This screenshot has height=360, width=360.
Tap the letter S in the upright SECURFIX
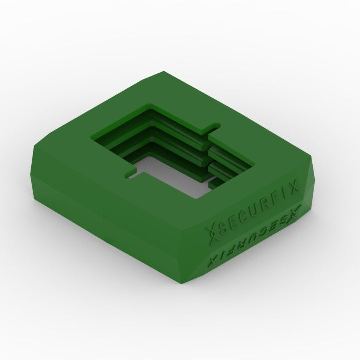[x=223, y=228]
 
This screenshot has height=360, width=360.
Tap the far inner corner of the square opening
[x=152, y=106]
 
